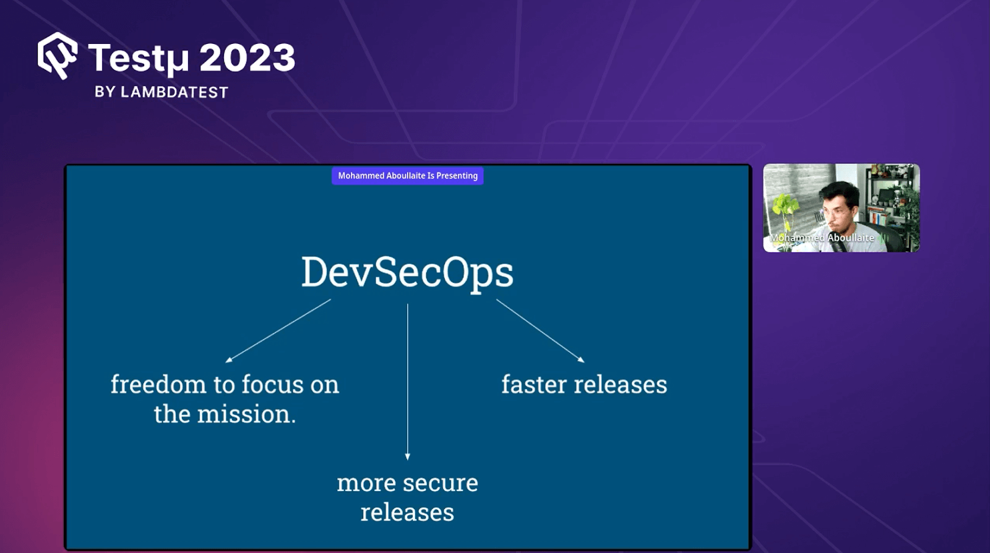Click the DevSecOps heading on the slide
point(407,273)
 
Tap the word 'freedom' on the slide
point(158,385)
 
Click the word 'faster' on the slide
point(533,385)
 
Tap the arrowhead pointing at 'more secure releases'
point(407,457)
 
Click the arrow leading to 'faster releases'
point(540,330)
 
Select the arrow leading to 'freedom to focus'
point(278,330)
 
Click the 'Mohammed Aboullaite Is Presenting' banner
point(407,176)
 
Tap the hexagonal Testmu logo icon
point(58,56)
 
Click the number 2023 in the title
point(247,58)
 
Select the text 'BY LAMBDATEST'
point(161,92)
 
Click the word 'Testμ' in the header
point(138,59)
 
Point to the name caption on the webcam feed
point(822,238)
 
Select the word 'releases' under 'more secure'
point(407,513)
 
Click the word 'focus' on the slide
point(273,385)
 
